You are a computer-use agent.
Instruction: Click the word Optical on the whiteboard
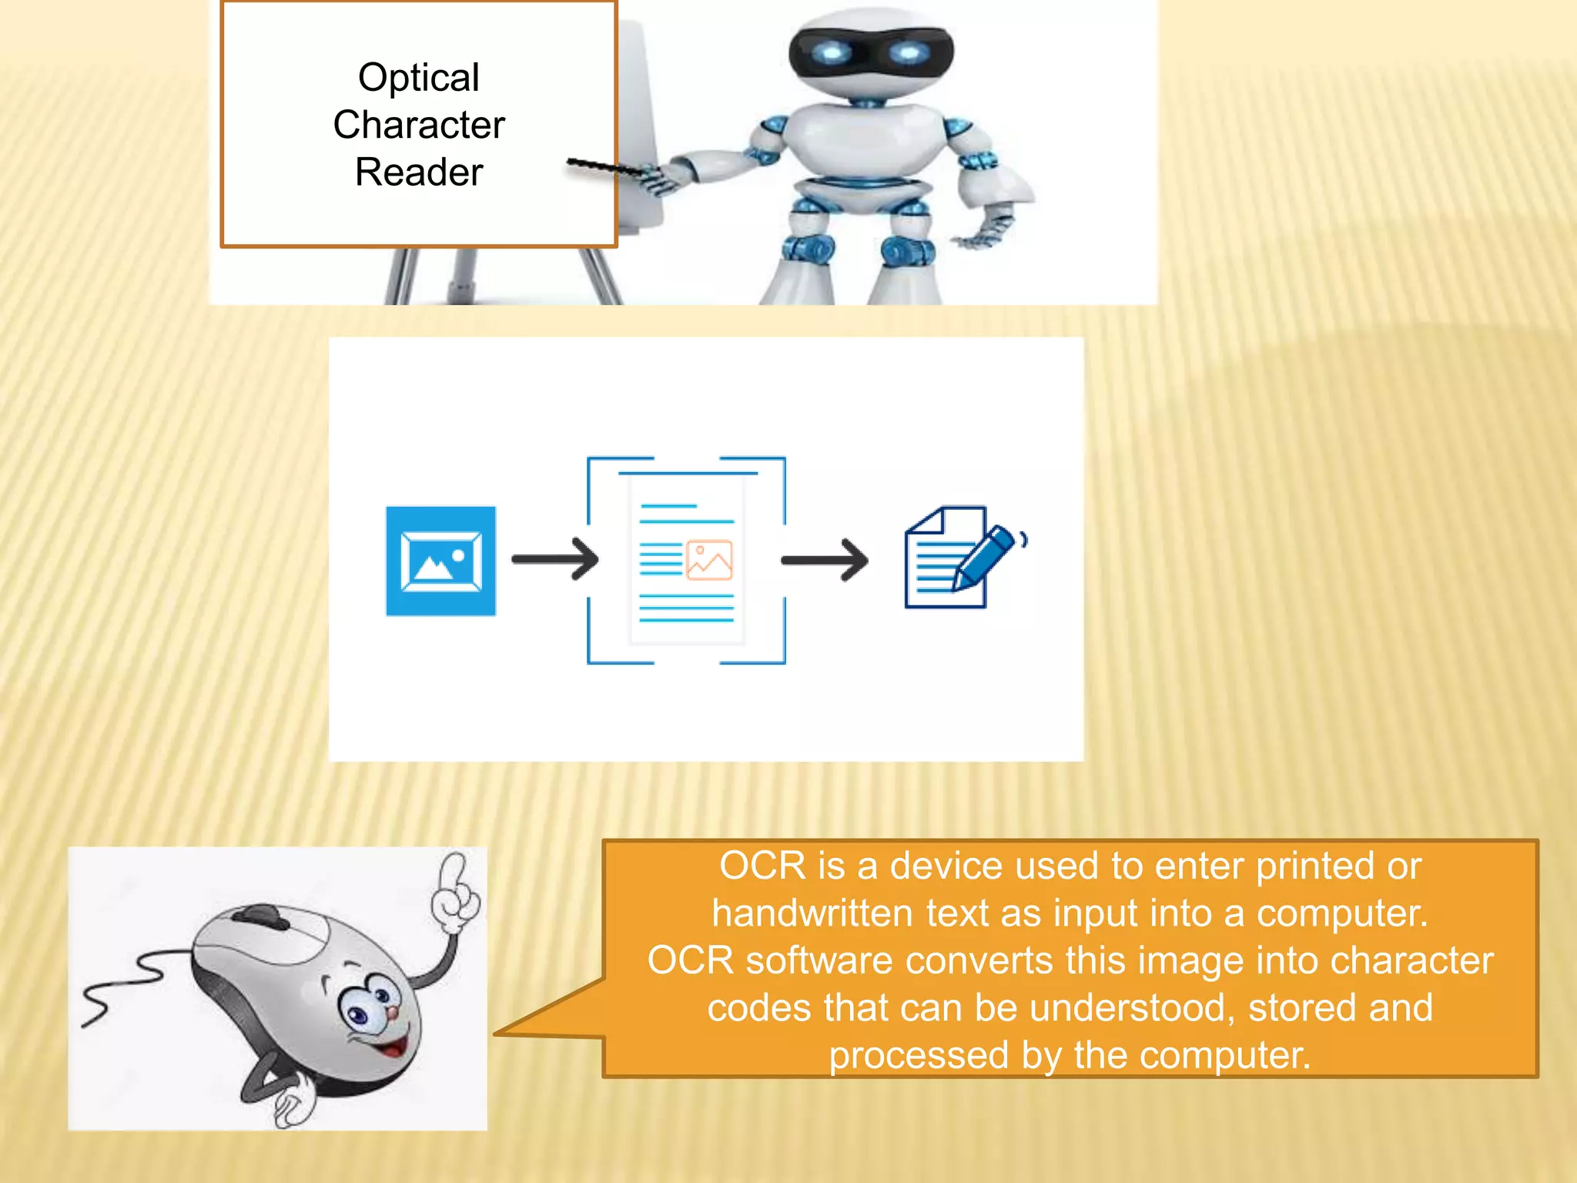pos(418,78)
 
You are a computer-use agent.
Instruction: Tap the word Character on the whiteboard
pos(419,125)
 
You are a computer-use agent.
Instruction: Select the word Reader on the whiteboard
pos(419,172)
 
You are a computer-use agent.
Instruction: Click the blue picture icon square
pos(440,561)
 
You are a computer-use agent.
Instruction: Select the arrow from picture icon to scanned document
pos(555,559)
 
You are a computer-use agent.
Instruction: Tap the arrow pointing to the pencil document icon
pos(825,560)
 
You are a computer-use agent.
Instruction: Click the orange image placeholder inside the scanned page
pos(709,560)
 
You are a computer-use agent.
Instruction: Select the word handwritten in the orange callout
pos(812,913)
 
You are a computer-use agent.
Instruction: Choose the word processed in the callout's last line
pos(919,1055)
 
